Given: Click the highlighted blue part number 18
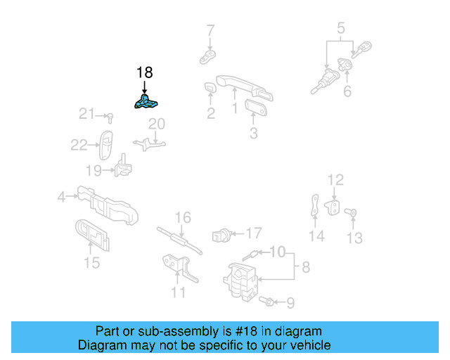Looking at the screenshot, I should point(146,103).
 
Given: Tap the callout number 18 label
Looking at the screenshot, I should point(144,72).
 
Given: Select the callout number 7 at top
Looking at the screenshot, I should point(210,30).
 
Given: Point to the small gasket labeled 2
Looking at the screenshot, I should point(210,88).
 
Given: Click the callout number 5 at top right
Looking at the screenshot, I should point(341,29).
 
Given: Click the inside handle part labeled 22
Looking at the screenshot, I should point(106,143).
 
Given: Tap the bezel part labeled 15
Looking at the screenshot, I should point(92,235).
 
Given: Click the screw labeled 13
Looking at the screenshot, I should point(354,212).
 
